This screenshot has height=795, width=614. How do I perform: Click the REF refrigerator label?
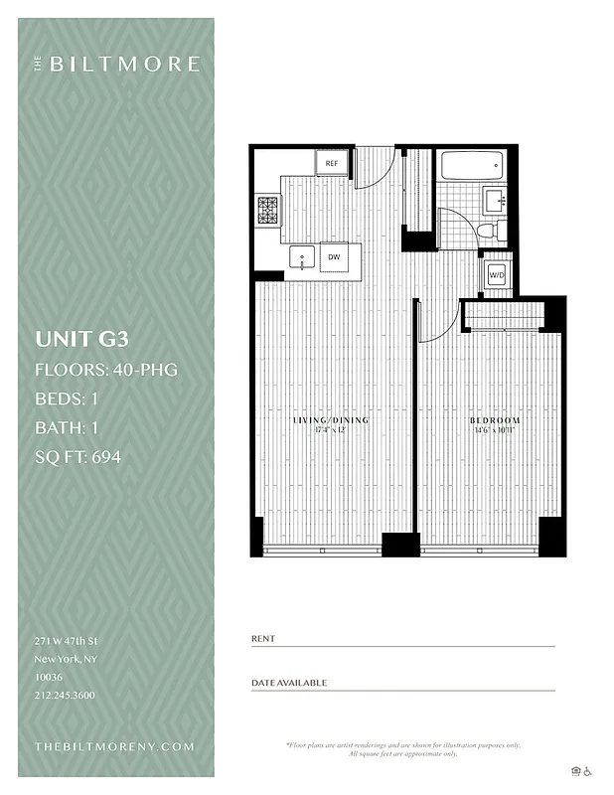point(332,163)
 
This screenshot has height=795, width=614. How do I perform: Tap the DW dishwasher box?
point(334,257)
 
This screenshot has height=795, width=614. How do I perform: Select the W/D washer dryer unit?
point(496,275)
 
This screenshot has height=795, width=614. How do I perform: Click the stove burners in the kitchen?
point(268,210)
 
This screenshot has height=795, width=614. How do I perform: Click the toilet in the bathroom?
point(488,231)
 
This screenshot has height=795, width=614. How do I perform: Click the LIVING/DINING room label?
point(331,420)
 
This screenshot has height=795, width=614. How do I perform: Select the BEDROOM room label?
point(494,420)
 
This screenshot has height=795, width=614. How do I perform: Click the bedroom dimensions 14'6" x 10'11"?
point(494,431)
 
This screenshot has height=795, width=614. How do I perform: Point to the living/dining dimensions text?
point(331,431)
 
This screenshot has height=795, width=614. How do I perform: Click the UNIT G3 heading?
point(81,338)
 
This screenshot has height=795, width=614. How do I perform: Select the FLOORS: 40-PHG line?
point(106,371)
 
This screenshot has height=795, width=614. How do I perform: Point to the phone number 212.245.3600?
point(66,695)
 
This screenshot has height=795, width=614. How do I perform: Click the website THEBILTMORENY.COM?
point(114,746)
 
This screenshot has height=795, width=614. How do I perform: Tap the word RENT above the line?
point(263,638)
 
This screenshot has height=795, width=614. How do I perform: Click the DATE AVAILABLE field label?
point(289,683)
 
